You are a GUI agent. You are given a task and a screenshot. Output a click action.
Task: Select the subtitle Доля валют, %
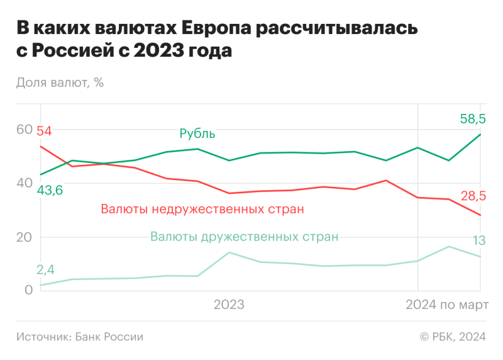click(x=60, y=82)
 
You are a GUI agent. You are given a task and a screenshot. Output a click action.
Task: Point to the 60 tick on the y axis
click(x=24, y=129)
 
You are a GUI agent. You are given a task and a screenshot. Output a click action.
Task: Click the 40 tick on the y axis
click(x=24, y=183)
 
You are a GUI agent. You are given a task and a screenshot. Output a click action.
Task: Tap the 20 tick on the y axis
click(x=24, y=237)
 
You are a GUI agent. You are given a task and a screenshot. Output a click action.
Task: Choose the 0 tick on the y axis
click(x=28, y=290)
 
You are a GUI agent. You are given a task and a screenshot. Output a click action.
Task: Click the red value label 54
click(x=44, y=132)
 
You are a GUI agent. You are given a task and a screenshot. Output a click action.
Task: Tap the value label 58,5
click(x=473, y=118)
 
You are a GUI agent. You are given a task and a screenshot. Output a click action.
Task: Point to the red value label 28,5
click(x=473, y=196)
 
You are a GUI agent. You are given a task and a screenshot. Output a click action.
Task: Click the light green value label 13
click(x=478, y=240)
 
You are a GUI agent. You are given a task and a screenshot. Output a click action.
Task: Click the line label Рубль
click(x=197, y=133)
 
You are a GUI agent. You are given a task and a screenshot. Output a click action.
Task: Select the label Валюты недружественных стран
click(x=202, y=209)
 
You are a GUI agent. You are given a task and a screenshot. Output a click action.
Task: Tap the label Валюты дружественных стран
click(x=244, y=237)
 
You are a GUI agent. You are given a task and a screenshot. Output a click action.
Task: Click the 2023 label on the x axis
click(x=229, y=305)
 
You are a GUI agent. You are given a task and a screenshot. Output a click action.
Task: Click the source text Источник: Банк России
click(x=80, y=337)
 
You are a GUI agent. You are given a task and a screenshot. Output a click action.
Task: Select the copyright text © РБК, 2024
click(x=453, y=337)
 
